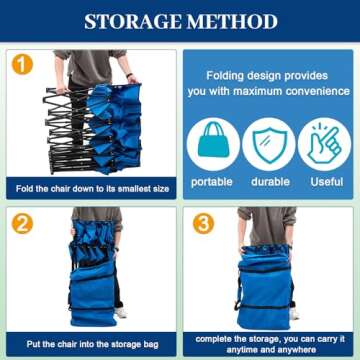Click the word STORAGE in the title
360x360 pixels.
click(134, 21)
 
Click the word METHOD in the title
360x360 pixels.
click(233, 21)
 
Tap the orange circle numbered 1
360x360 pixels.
click(22, 64)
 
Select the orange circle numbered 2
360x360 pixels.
click(22, 224)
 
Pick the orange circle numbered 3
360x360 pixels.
click(203, 224)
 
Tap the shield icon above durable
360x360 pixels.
click(269, 145)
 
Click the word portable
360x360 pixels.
click(212, 182)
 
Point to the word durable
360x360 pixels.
click(270, 182)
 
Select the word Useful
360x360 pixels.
click(327, 182)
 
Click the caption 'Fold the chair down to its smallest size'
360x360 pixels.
click(93, 189)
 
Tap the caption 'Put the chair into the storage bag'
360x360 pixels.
click(93, 344)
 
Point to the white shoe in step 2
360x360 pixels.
click(121, 313)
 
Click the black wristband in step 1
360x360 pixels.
click(130, 75)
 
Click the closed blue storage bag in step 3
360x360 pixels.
click(265, 287)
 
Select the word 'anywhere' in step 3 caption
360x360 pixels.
click(298, 350)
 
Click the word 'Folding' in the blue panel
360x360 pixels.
click(225, 76)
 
